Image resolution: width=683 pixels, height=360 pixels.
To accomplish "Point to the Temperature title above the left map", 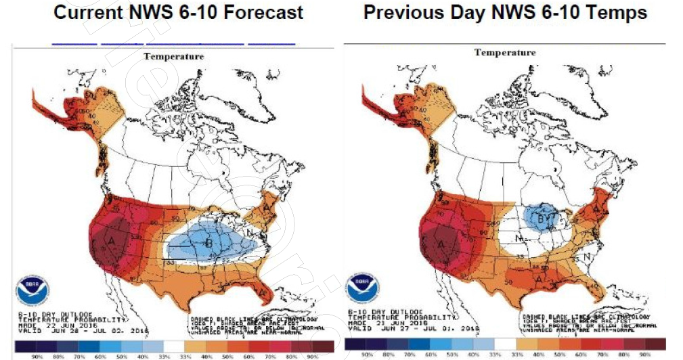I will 173,57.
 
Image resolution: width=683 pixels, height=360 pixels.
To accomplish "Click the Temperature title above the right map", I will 505,53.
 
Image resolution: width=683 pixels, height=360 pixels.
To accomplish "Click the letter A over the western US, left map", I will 111,240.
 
